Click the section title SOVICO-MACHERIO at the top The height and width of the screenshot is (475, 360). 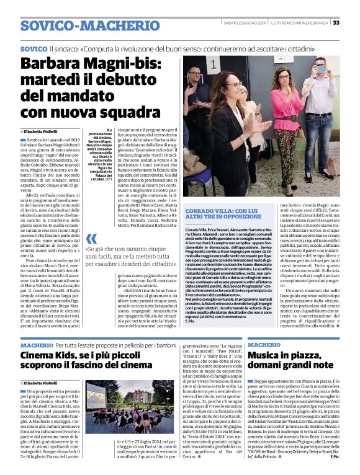pos(81,25)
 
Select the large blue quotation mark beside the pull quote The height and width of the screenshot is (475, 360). pos(91,239)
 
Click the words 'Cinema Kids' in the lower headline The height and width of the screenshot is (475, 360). pos(50,355)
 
